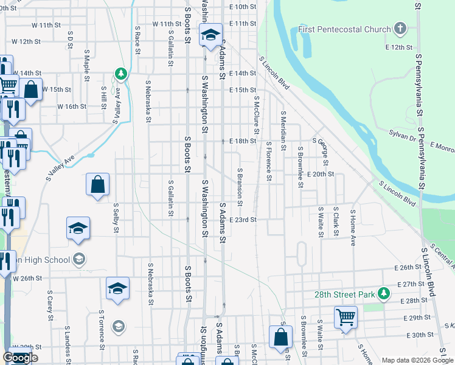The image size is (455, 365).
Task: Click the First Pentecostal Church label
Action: pos(344,29)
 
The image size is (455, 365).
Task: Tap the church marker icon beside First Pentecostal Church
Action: pos(400,29)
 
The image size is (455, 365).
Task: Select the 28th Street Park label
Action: pos(343,294)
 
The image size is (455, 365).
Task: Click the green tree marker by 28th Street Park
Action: pos(383,294)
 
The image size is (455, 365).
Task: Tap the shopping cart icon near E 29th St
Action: pos(346,317)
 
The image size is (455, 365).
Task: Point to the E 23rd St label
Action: pos(243,220)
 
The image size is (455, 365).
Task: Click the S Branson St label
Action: pos(240,187)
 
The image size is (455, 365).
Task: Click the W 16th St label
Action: pos(72,106)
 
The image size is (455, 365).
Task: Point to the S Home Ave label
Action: pos(352,228)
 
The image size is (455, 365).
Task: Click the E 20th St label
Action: pos(322,174)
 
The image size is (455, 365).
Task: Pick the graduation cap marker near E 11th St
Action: pos(210,35)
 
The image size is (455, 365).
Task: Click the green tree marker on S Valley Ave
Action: pos(121,74)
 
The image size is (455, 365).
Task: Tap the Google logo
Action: pos(20,358)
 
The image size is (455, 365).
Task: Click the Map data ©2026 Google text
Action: pos(416,360)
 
